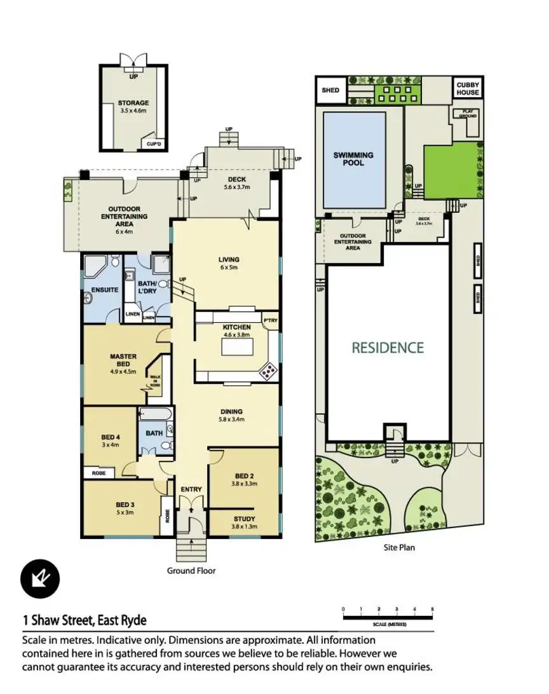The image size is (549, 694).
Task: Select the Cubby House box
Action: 468,88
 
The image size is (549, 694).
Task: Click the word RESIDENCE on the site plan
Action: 388,348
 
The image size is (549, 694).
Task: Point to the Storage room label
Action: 133,102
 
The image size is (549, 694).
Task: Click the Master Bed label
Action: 123,357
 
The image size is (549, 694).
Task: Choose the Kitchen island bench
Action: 236,348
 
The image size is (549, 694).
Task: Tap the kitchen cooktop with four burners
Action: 268,371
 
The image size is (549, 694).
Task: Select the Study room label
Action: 245,519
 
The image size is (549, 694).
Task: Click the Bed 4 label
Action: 111,437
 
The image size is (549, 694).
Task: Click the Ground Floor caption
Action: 191,571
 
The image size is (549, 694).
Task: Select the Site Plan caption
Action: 399,547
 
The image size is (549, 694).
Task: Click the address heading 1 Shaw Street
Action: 85,620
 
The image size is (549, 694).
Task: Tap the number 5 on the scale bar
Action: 432,610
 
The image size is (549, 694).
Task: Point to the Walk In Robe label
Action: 155,382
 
